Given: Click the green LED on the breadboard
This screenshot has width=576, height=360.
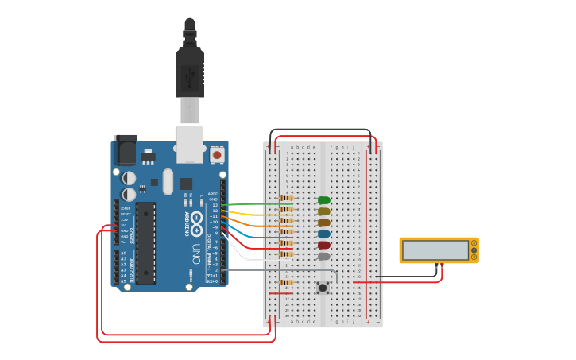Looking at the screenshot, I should pyautogui.click(x=323, y=200).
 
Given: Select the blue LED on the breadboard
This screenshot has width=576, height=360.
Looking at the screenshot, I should pyautogui.click(x=323, y=234).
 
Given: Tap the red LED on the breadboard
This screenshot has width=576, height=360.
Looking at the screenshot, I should pyautogui.click(x=323, y=245).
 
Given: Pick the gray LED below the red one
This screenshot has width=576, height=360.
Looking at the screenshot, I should pyautogui.click(x=323, y=256).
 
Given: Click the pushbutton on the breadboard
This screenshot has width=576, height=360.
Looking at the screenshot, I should pyautogui.click(x=323, y=288).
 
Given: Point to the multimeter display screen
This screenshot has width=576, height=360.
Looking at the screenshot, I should pyautogui.click(x=435, y=250).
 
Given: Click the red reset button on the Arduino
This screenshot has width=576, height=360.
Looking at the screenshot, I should pyautogui.click(x=217, y=155).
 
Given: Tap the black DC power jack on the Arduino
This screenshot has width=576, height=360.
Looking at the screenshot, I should pyautogui.click(x=125, y=149).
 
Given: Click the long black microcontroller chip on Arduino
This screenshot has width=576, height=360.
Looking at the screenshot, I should pyautogui.click(x=145, y=242).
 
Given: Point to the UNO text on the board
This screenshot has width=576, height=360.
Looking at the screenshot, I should pyautogui.click(x=195, y=254).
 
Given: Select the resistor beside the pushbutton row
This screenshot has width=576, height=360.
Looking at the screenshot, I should pyautogui.click(x=286, y=282).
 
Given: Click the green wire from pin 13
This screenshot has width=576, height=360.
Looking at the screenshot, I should pyautogui.click(x=254, y=204).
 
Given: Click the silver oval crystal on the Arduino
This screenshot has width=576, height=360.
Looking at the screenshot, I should pyautogui.click(x=168, y=180).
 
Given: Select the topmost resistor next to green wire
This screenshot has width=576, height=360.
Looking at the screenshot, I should pyautogui.click(x=286, y=198).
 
